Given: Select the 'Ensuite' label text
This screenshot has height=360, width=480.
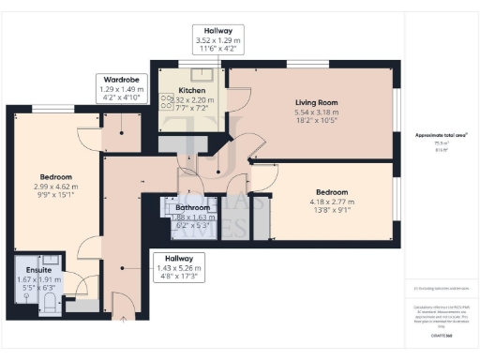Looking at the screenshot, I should (38, 269).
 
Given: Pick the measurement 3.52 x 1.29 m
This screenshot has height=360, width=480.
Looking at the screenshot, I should (217, 41).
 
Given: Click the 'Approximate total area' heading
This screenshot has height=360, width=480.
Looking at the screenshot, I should (442, 136).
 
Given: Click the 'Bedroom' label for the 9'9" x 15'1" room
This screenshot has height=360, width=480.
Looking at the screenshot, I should (55, 176).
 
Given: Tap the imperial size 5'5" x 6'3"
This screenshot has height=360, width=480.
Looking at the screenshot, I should (38, 288).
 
